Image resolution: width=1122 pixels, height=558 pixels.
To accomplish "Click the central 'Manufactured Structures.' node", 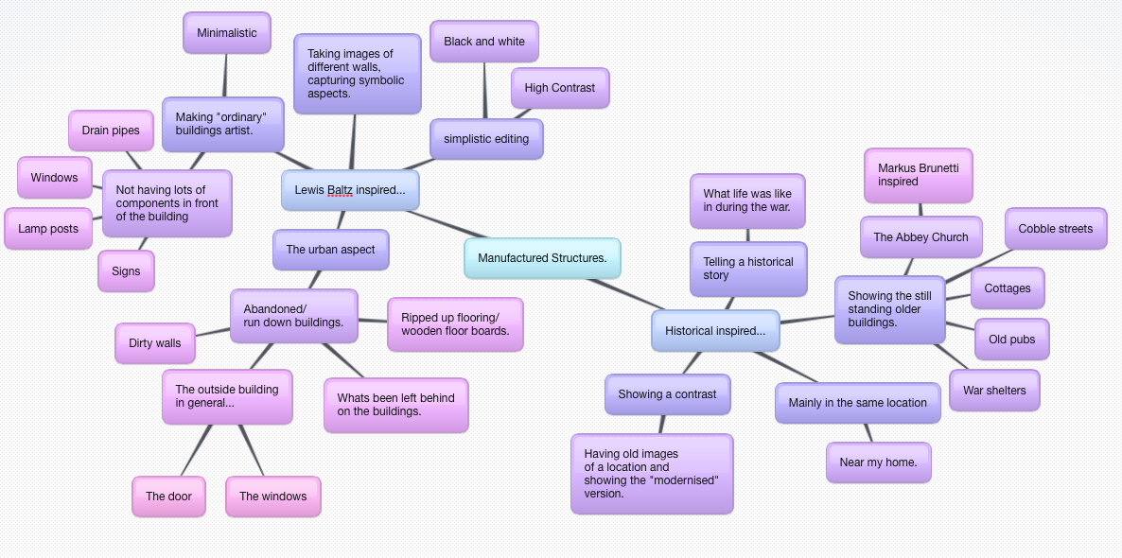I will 542,258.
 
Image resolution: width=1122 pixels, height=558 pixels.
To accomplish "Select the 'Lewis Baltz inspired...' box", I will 350,190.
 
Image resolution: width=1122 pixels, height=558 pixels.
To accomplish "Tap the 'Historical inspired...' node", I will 715,331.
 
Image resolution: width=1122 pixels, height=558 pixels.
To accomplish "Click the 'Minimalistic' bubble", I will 227,33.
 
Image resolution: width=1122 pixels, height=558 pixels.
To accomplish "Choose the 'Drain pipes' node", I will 111,131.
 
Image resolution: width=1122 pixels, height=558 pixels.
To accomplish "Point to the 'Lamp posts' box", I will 48,229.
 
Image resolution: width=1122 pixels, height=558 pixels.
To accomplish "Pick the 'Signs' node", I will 126,271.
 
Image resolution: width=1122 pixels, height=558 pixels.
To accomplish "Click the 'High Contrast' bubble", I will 560,88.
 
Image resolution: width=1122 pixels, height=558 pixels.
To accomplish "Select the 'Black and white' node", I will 484,42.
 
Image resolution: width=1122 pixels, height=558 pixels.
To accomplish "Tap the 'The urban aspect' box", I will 330,250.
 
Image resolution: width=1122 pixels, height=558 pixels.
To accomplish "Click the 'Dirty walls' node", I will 155,343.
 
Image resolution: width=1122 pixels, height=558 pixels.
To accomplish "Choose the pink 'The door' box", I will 168,497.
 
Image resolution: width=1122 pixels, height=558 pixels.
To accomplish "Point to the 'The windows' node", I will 272,497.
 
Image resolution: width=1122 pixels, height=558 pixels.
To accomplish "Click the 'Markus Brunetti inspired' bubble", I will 918,175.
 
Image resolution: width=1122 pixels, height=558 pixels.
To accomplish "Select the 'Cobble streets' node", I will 1056,229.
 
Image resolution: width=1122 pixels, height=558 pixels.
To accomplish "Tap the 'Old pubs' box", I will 1011,340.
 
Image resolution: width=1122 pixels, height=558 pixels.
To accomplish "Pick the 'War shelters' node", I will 994,391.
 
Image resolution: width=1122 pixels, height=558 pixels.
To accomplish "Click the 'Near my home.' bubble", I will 878,462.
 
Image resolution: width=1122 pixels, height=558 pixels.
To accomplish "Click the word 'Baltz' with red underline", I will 340,190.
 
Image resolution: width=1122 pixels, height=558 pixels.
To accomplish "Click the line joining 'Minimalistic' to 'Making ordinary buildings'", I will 225,76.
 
